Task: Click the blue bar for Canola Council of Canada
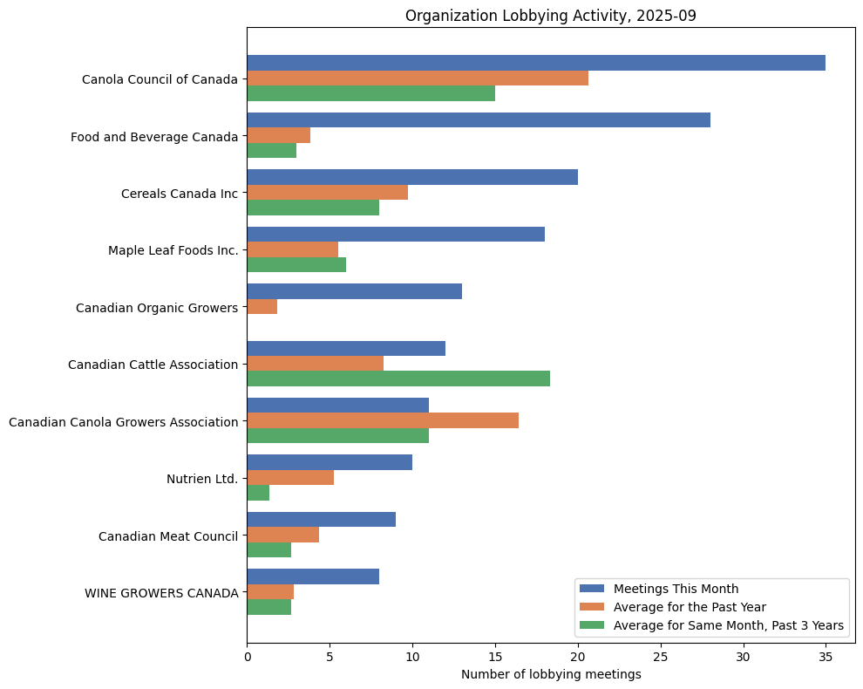(536, 63)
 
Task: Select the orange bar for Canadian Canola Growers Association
(383, 420)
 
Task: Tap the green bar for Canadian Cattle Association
(398, 379)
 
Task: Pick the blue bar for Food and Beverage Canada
(479, 120)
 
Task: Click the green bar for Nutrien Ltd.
(258, 493)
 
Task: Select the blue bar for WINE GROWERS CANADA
(313, 576)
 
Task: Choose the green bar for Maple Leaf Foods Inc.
(296, 265)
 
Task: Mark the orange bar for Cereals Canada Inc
(328, 193)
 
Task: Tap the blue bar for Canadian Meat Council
(322, 520)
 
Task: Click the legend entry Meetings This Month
(676, 588)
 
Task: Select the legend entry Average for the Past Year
(690, 606)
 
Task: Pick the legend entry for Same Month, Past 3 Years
(728, 625)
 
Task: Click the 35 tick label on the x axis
(826, 655)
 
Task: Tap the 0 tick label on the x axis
(248, 655)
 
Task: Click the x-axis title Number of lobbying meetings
(551, 674)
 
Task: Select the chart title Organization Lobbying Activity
(551, 16)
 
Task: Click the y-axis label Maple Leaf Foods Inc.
(173, 250)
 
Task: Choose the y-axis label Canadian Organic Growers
(157, 308)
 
